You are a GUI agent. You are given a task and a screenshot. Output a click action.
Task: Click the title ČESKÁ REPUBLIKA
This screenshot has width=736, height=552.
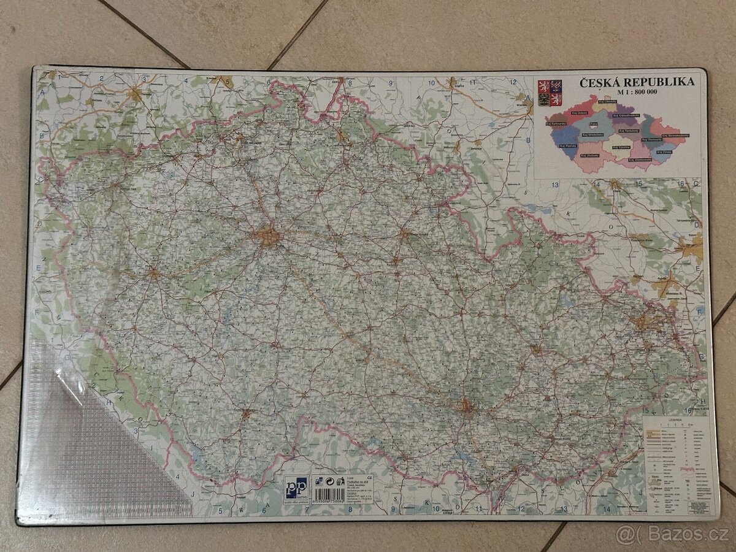click(636, 82)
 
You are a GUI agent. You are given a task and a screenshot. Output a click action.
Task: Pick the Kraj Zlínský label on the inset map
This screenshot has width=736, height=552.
click(664, 151)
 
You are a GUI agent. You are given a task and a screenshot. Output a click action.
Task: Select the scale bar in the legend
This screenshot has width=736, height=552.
click(677, 425)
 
